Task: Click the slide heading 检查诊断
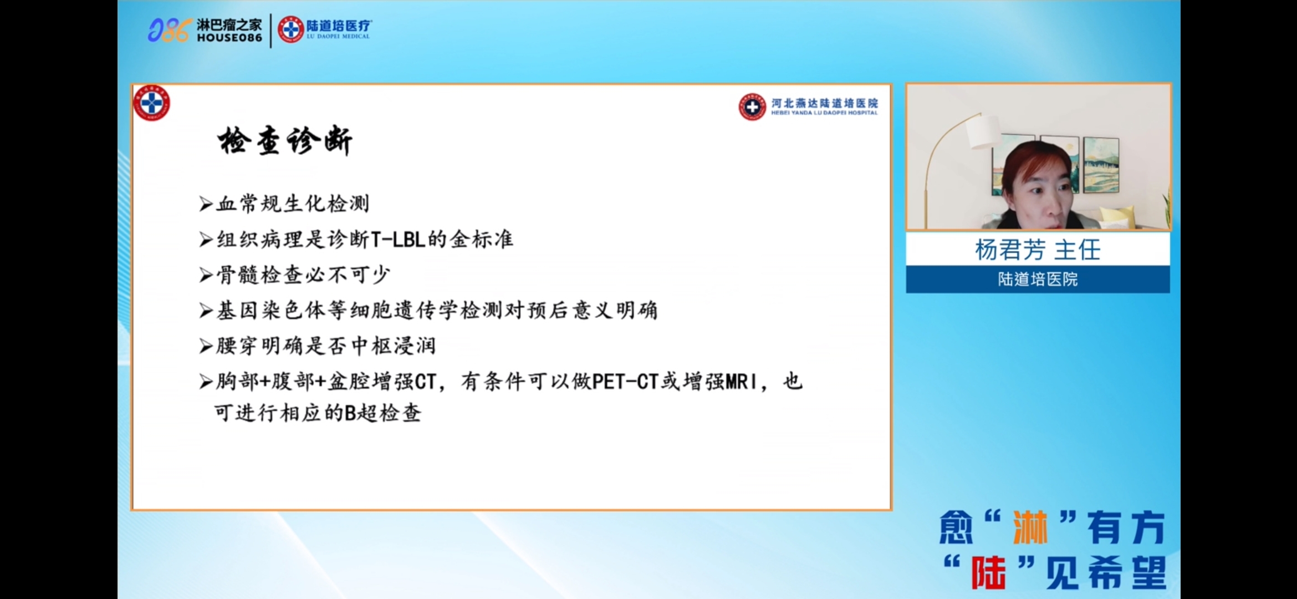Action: click(x=285, y=141)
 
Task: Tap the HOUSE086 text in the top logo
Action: click(x=229, y=38)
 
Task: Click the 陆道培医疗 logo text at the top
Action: click(x=339, y=26)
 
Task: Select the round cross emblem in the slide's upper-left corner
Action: click(x=152, y=103)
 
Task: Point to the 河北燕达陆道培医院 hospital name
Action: click(x=825, y=103)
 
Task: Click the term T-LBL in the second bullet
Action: click(x=397, y=240)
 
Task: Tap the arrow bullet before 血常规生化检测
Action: click(x=206, y=204)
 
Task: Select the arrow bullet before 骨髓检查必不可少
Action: click(x=206, y=275)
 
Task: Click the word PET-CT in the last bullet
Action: click(x=625, y=382)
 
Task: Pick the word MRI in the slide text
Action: click(x=741, y=382)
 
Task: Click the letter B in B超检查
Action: click(x=350, y=413)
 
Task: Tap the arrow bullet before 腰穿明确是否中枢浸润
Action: click(x=206, y=346)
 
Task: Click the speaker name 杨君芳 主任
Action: click(x=1038, y=250)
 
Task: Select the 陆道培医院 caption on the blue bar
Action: click(x=1038, y=279)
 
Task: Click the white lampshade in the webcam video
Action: click(x=984, y=131)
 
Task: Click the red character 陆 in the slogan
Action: click(x=988, y=572)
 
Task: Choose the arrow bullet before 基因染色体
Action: click(x=206, y=311)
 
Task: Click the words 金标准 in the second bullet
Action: click(x=482, y=240)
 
